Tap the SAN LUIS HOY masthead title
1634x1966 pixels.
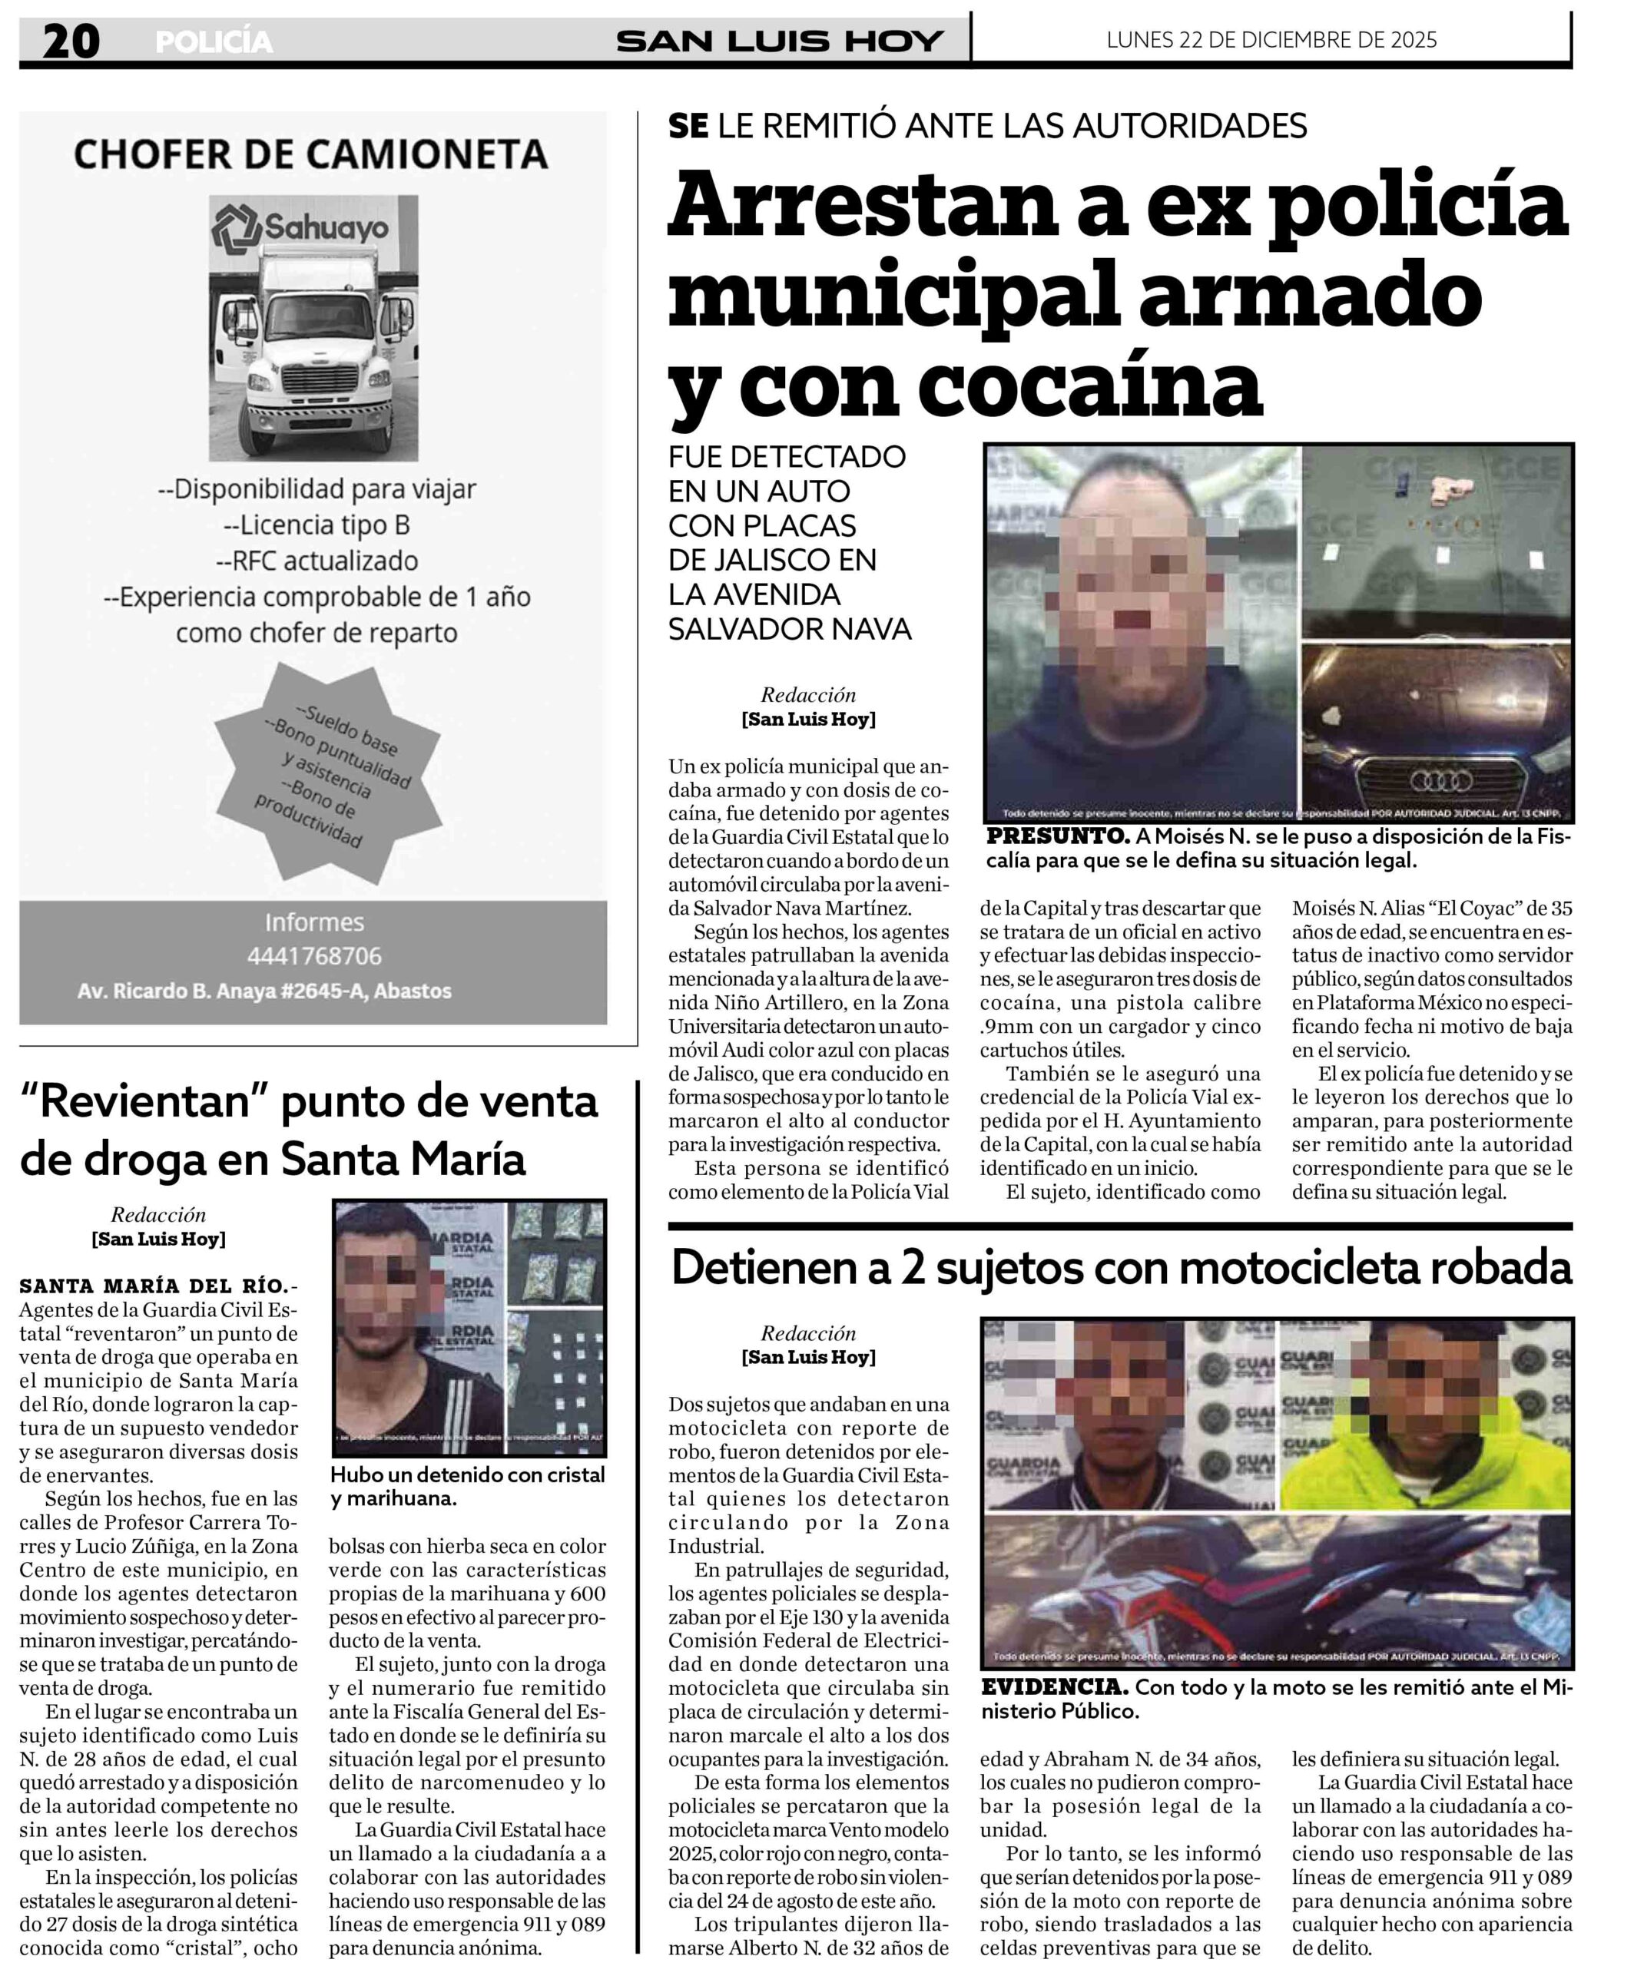pos(779,41)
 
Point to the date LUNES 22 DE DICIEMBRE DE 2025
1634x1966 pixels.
pos(1271,39)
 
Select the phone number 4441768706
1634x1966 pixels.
pos(313,956)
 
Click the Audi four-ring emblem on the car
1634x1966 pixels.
pos(1440,779)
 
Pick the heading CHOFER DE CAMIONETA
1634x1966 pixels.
pos(311,154)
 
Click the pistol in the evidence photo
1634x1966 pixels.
pos(1453,490)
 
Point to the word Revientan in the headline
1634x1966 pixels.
pos(148,1102)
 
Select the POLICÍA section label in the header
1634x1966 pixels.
pos(214,42)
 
